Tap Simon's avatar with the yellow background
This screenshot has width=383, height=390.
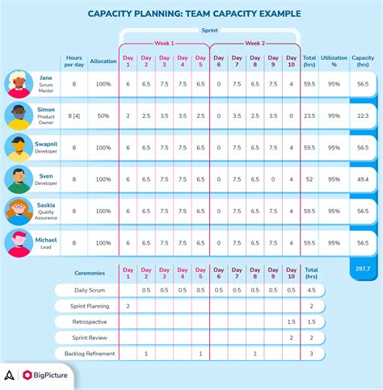click(x=19, y=115)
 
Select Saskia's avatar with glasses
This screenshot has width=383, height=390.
click(x=19, y=211)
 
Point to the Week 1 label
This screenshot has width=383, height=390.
click(x=165, y=43)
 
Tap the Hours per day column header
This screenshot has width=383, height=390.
click(x=74, y=61)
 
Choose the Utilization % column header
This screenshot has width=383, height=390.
click(x=333, y=61)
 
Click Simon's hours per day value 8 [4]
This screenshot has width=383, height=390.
click(x=74, y=115)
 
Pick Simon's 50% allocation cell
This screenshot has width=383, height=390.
click(x=103, y=115)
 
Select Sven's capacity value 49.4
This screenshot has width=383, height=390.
click(x=364, y=180)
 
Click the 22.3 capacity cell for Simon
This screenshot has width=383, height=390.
click(x=364, y=115)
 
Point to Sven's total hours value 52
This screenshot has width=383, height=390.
click(x=309, y=180)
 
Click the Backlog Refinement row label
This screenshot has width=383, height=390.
click(x=84, y=354)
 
